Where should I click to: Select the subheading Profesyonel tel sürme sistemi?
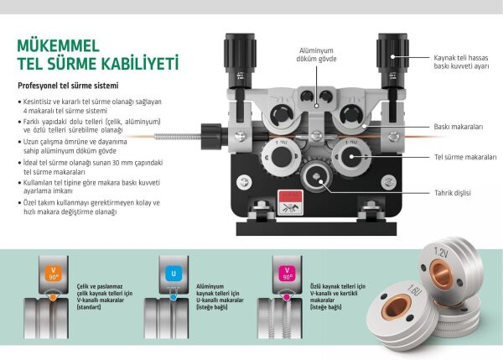click(x=66, y=86)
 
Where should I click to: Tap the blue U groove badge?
click(x=172, y=274)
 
